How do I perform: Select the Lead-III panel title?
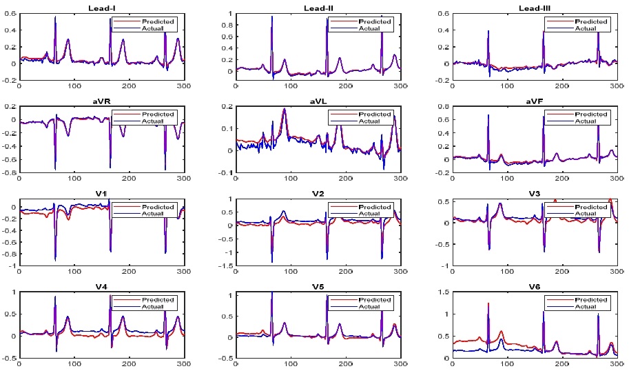coord(535,7)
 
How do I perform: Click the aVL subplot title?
coord(318,101)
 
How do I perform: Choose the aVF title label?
coord(535,101)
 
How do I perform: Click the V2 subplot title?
coord(318,194)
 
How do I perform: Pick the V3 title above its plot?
coord(535,194)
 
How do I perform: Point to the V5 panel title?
coord(318,286)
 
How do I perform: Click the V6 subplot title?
coord(535,286)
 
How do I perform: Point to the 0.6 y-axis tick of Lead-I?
coord(11,14)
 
